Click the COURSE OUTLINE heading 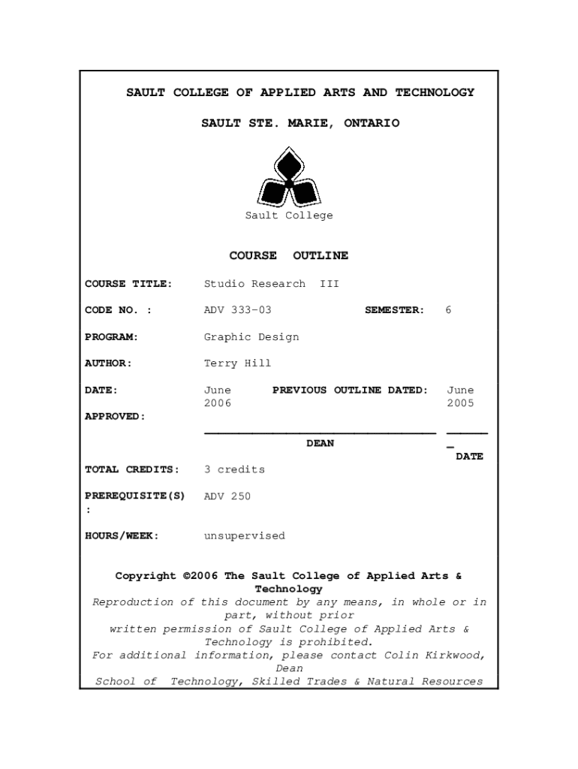(289, 256)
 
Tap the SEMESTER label (394, 310)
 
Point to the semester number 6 (448, 310)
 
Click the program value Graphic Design (251, 337)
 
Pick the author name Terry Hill (237, 363)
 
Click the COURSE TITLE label (128, 284)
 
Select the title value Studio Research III (272, 284)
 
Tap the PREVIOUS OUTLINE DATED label (350, 391)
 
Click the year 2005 (460, 404)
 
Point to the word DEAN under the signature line (321, 444)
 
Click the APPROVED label (115, 417)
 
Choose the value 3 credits (234, 470)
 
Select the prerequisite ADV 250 (227, 496)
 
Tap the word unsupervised (245, 536)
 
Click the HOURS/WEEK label (122, 536)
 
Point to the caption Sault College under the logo (289, 216)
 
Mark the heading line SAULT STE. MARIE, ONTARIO (300, 123)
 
